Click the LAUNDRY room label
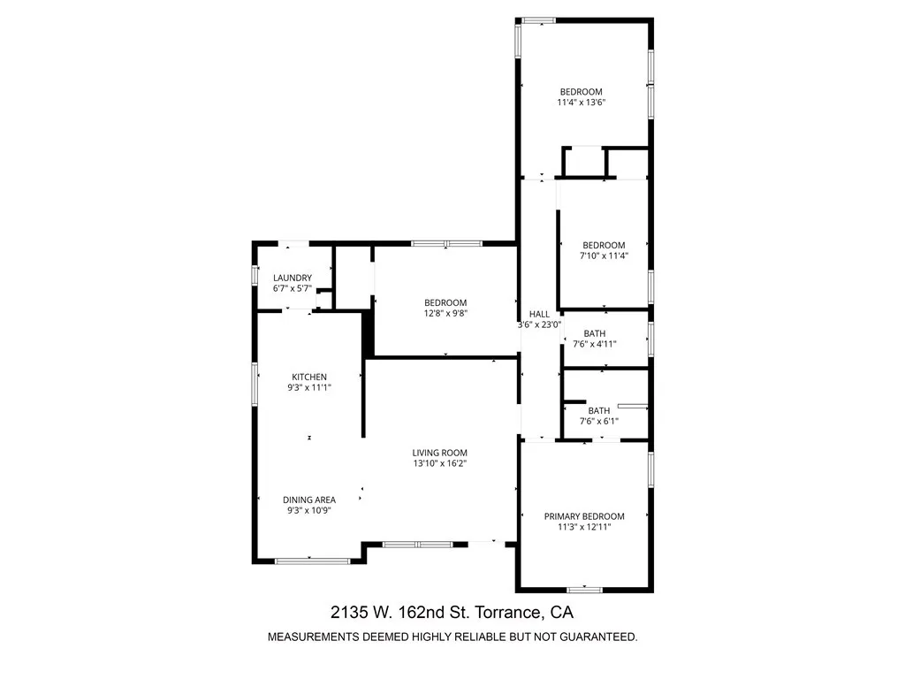tap(292, 278)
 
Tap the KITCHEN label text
tap(309, 377)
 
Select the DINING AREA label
tap(309, 500)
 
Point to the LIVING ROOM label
tap(439, 453)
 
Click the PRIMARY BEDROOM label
tap(584, 516)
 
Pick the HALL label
tap(539, 314)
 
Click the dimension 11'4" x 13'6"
tap(581, 103)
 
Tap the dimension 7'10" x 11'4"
tap(604, 256)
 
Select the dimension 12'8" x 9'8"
tap(445, 313)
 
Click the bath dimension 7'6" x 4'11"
tap(594, 344)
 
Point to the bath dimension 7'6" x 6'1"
tap(598, 421)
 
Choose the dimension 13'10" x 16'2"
tap(439, 463)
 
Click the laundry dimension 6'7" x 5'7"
tap(292, 288)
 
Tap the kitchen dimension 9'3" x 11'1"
tap(309, 387)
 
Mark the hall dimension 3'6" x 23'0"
tap(539, 324)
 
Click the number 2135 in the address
tap(348, 612)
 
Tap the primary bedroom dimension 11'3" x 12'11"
tap(584, 527)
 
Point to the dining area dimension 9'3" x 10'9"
tap(309, 510)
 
